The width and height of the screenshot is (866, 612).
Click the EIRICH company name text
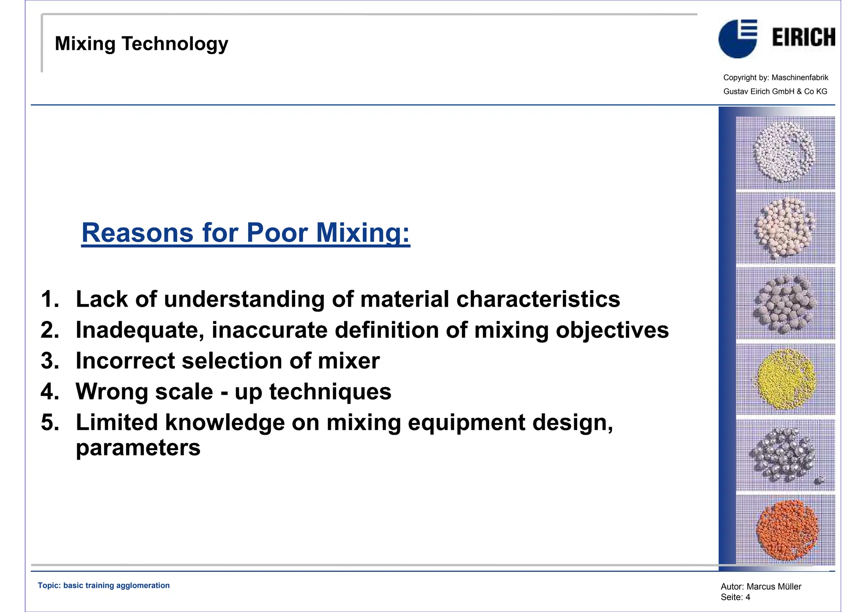(803, 37)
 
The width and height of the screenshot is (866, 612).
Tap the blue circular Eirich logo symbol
(737, 39)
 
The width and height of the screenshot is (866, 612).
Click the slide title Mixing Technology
(141, 44)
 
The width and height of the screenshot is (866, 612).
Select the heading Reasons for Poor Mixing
(245, 233)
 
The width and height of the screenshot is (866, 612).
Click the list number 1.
(50, 299)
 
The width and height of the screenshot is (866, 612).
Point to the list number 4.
(50, 391)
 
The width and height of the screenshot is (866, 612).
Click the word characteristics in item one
(538, 299)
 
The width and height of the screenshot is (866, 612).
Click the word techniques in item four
(330, 391)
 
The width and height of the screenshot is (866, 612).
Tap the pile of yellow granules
(785, 379)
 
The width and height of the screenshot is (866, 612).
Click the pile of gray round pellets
(784, 303)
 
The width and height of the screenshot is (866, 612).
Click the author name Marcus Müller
(773, 586)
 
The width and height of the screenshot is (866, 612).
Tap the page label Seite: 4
(735, 597)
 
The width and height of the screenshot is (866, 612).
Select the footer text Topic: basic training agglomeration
(104, 585)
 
